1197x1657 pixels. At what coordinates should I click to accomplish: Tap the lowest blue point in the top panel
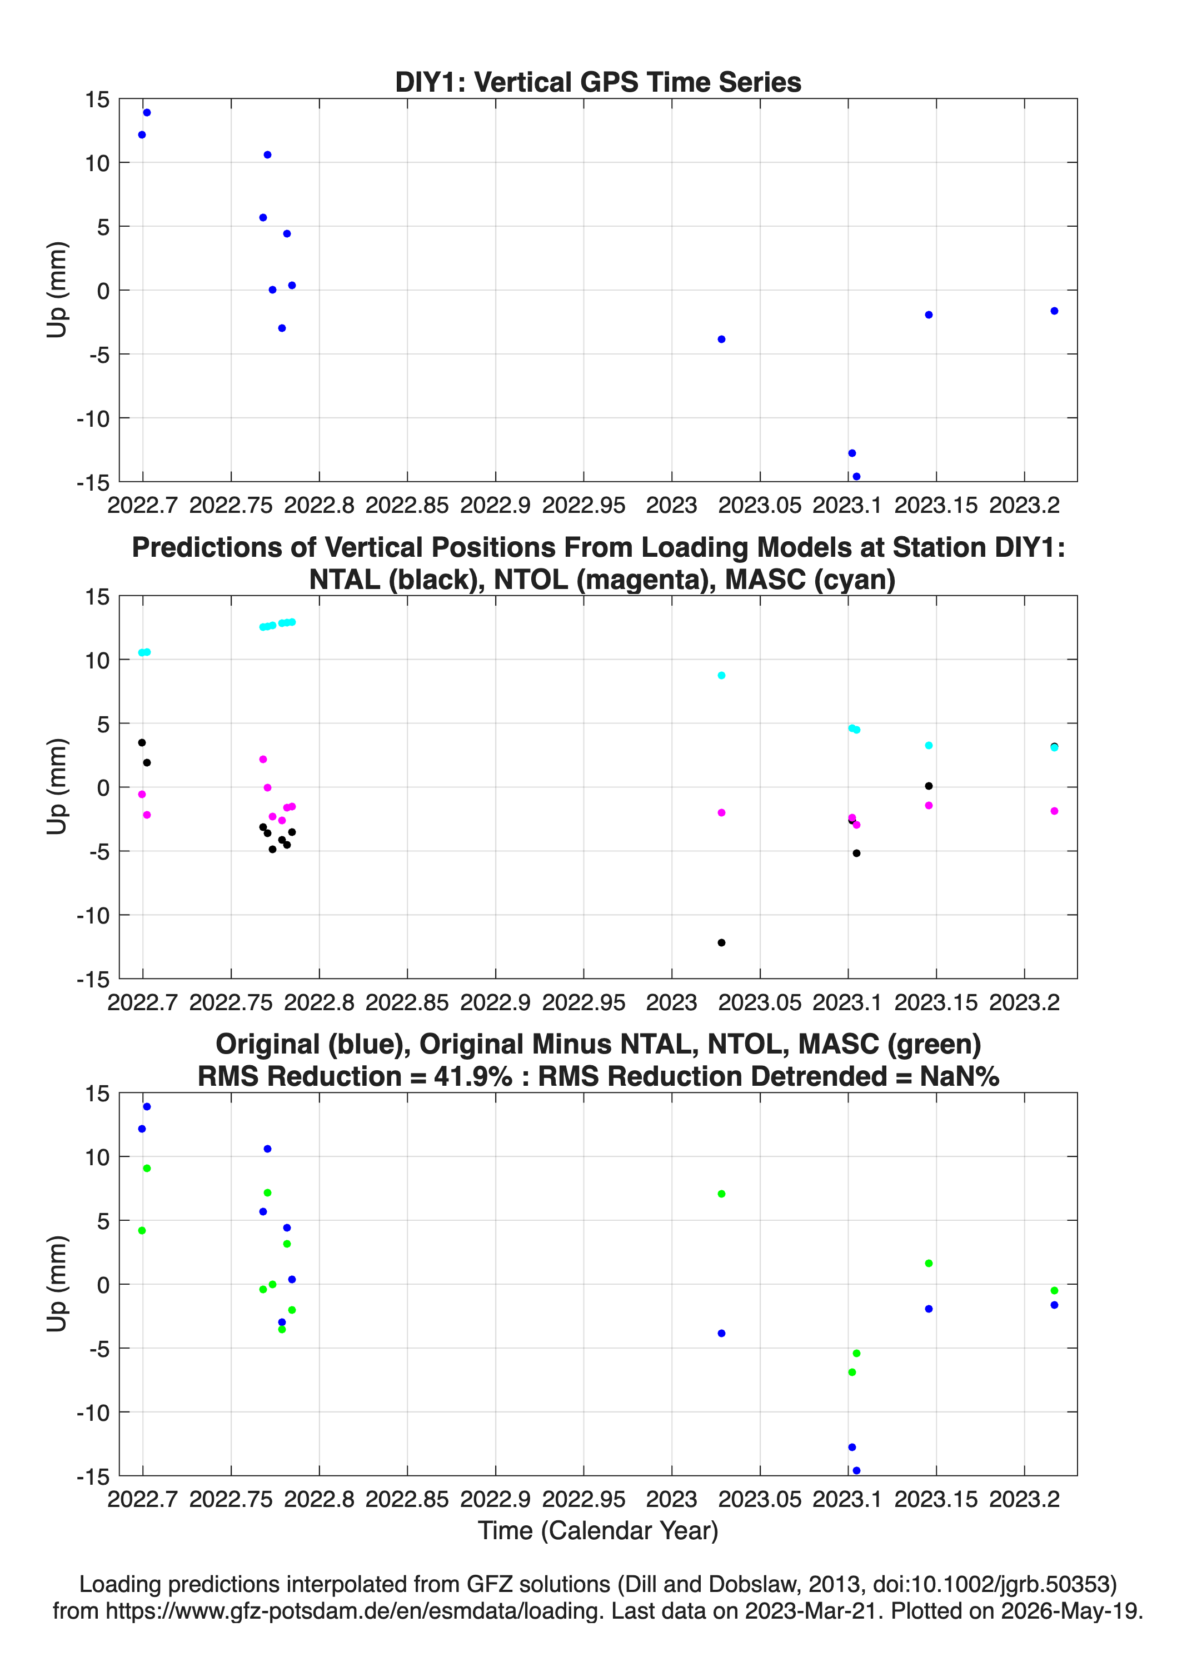pos(856,476)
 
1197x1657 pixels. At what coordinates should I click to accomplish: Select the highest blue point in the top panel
pos(147,112)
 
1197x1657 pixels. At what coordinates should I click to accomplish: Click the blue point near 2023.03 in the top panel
pos(721,339)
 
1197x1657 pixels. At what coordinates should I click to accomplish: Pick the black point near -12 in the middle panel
pos(721,942)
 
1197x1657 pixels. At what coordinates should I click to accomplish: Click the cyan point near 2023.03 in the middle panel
pos(721,676)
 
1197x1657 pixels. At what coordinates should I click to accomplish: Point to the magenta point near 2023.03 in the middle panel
pos(721,812)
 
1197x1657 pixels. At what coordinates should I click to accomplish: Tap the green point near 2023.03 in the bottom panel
pos(721,1194)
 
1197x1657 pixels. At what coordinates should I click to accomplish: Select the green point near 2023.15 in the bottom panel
pos(929,1263)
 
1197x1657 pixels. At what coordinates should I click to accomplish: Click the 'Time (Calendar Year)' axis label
pos(598,1531)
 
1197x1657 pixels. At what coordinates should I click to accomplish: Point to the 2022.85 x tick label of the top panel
pos(407,506)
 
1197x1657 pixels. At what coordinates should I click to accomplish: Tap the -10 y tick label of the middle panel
pos(93,915)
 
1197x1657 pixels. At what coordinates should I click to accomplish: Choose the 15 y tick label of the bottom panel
pos(97,1094)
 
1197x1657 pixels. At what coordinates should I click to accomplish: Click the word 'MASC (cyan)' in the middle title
pos(810,580)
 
